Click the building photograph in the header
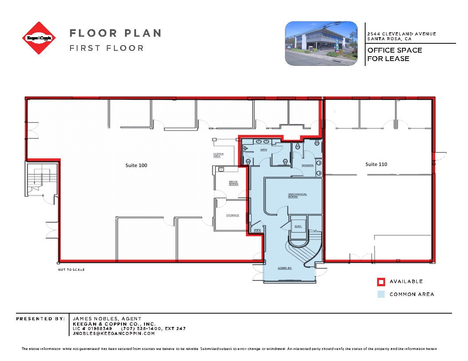click(x=321, y=43)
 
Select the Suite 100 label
click(x=136, y=165)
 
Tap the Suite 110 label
click(x=376, y=164)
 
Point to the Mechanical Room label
click(x=297, y=195)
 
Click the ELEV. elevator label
click(x=298, y=226)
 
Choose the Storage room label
click(x=233, y=215)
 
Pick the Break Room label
click(x=233, y=183)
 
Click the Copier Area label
click(x=218, y=155)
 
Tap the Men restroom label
click(x=263, y=150)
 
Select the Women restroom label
click(x=308, y=165)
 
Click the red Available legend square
click(x=381, y=281)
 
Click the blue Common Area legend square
click(x=381, y=294)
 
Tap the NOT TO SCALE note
click(x=71, y=269)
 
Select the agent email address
click(x=113, y=333)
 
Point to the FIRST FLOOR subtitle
click(x=106, y=48)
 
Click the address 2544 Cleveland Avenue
click(x=402, y=34)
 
